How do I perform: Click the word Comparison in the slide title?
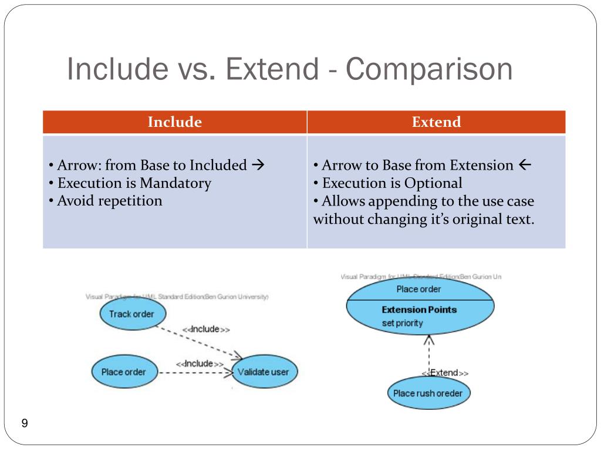coord(428,69)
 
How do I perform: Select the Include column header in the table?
coord(174,122)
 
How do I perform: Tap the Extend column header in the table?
coord(436,122)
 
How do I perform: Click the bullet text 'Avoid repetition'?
coord(110,201)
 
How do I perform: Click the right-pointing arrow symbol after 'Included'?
coord(258,165)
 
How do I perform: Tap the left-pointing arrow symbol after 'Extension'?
coord(525,165)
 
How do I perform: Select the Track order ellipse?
coord(131,314)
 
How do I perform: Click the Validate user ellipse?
coord(264,372)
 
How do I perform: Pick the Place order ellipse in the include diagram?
coord(124,372)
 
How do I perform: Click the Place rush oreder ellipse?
coord(428,393)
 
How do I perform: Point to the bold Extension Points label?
coord(418,310)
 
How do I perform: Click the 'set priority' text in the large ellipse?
coord(402,323)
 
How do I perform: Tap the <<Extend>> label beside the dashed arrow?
coord(445,373)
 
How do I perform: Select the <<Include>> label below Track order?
coord(205,329)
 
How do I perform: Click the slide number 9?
coord(25,424)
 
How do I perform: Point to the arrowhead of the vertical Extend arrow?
coord(429,339)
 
